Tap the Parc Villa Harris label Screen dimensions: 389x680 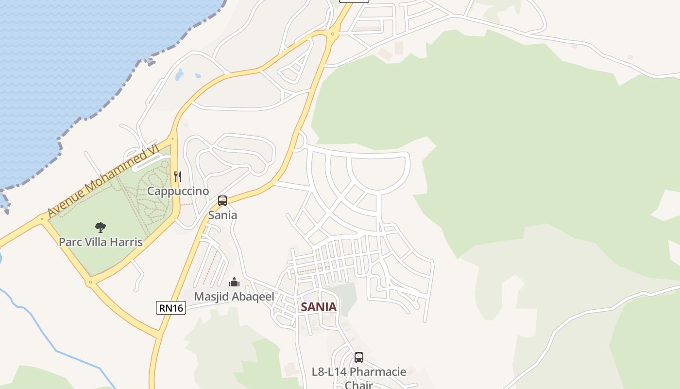coord(101,242)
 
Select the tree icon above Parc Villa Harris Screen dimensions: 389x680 coord(101,227)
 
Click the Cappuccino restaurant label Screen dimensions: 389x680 coord(178,191)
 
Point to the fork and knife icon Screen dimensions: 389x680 coord(178,177)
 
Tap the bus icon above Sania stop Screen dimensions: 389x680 coord(222,201)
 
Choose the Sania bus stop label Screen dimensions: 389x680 coord(222,215)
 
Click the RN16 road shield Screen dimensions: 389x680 coord(171,307)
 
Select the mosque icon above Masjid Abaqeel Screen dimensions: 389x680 coord(234,282)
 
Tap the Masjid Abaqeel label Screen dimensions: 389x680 coord(234,296)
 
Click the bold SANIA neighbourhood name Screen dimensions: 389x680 coord(319,307)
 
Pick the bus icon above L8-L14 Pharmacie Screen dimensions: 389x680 coord(359,357)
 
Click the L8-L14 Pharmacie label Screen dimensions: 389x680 coord(359,372)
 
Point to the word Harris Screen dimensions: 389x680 coord(126,242)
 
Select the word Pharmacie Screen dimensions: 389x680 coord(378,372)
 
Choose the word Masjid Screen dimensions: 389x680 coord(210,296)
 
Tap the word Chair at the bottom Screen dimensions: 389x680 coord(359,385)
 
